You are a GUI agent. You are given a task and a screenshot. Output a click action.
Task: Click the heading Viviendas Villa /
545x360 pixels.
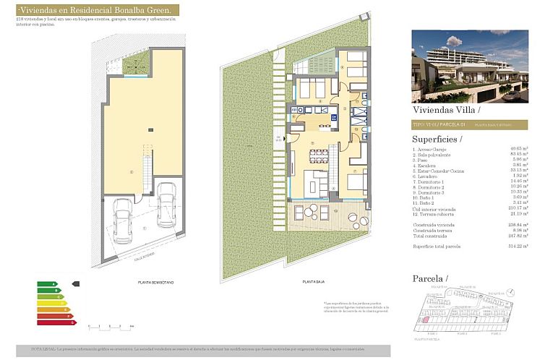[445, 111]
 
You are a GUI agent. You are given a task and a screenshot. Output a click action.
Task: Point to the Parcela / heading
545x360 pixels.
[430, 278]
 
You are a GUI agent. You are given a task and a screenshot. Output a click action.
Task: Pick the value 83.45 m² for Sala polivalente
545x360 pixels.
[515, 153]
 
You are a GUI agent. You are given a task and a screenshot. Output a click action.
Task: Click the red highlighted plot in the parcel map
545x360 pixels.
[426, 319]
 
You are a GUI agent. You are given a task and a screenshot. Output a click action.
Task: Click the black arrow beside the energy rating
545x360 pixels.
[77, 284]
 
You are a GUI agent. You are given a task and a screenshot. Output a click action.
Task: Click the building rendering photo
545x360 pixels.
[470, 66]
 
